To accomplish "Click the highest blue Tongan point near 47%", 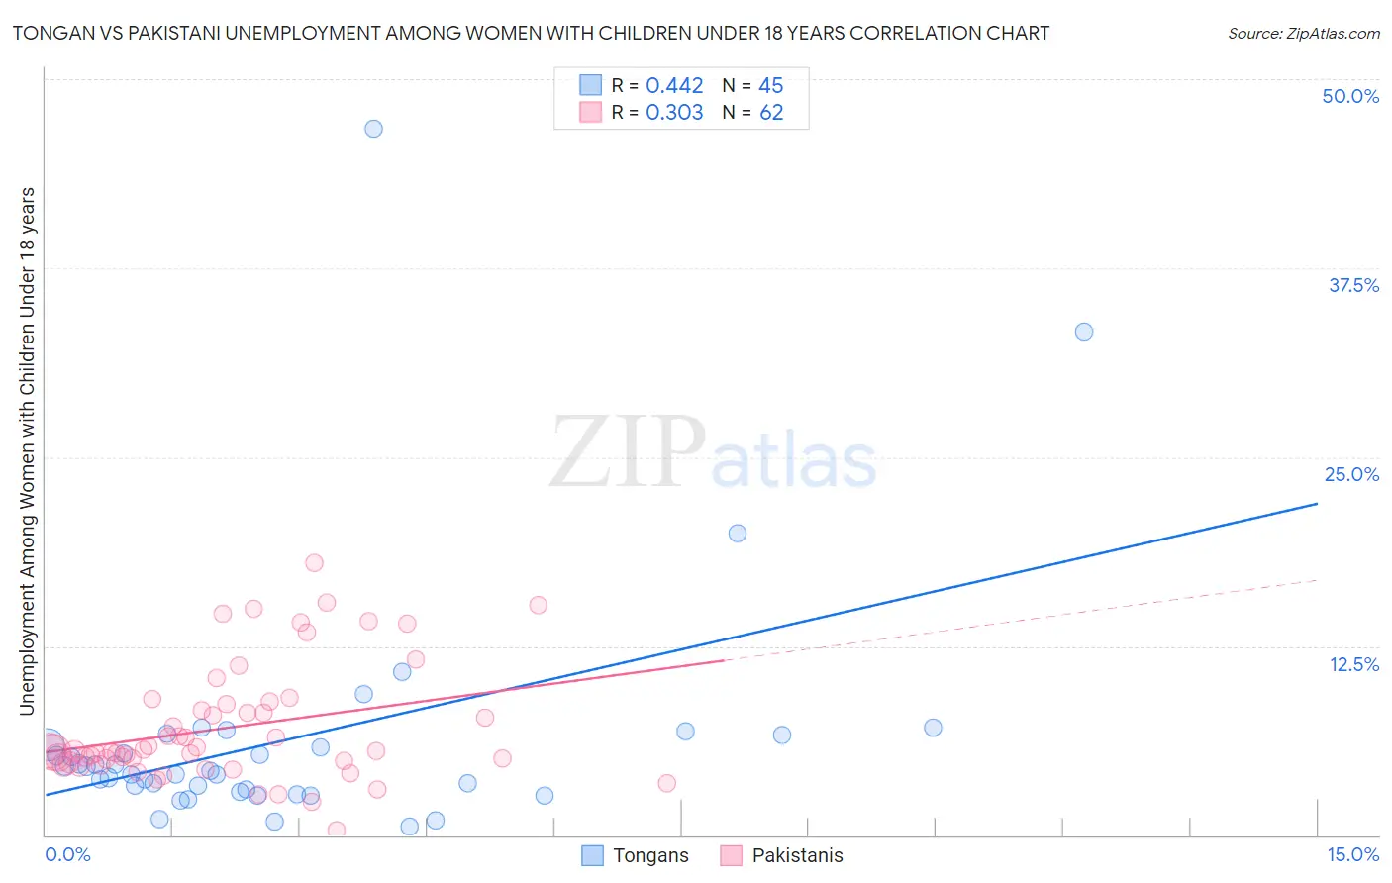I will (x=373, y=129).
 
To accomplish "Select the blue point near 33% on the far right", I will (x=1084, y=332).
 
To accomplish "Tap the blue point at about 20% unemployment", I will (x=738, y=534).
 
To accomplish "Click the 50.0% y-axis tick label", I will (x=1350, y=96).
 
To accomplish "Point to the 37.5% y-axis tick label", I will (x=1353, y=285).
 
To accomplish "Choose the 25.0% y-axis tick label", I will (x=1351, y=474).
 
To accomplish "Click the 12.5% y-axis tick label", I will (x=1353, y=664).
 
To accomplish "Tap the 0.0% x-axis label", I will (x=67, y=854).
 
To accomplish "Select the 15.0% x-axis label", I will (x=1352, y=854).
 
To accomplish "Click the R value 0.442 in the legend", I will (x=674, y=86).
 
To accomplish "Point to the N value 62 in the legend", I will (x=771, y=113).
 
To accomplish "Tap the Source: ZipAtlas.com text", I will (x=1303, y=34).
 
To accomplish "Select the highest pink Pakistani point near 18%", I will (x=314, y=563).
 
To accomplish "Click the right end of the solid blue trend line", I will (x=1317, y=504).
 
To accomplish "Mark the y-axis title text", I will (x=27, y=450).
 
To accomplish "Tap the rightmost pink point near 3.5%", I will (x=667, y=783).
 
